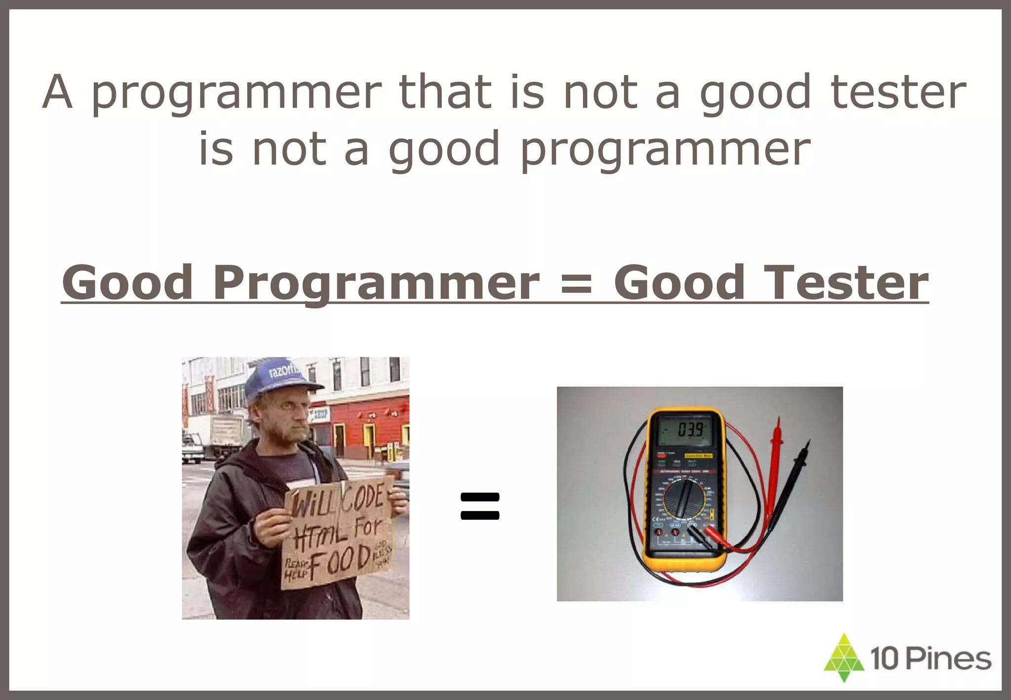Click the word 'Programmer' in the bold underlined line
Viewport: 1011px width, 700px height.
click(376, 283)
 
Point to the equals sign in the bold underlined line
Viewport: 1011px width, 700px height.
click(576, 284)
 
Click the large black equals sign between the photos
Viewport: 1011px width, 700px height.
click(479, 506)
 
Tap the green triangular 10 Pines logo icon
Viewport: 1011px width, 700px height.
click(844, 658)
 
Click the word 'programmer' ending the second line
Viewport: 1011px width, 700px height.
click(665, 149)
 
